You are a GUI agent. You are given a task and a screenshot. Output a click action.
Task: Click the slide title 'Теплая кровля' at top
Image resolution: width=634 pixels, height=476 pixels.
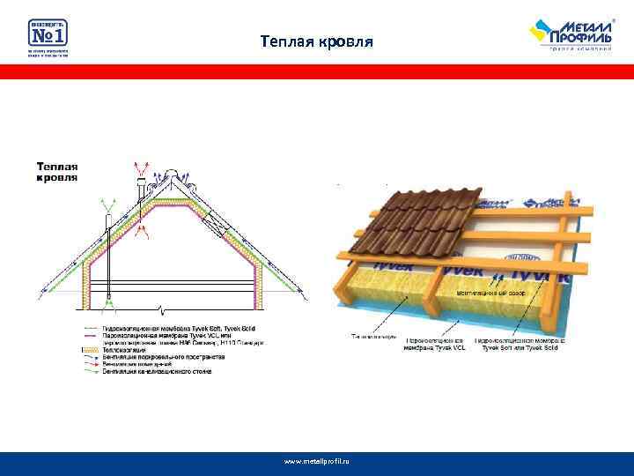317,41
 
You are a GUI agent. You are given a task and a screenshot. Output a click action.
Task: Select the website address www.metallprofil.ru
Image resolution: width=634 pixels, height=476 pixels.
317,461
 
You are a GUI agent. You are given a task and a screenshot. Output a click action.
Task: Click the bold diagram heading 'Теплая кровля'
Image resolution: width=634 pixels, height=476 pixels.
58,171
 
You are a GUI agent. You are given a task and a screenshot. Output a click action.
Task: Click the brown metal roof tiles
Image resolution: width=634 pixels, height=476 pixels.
423,220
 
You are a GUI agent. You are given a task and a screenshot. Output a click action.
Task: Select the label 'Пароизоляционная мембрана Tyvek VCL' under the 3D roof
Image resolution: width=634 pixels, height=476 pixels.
432,344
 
